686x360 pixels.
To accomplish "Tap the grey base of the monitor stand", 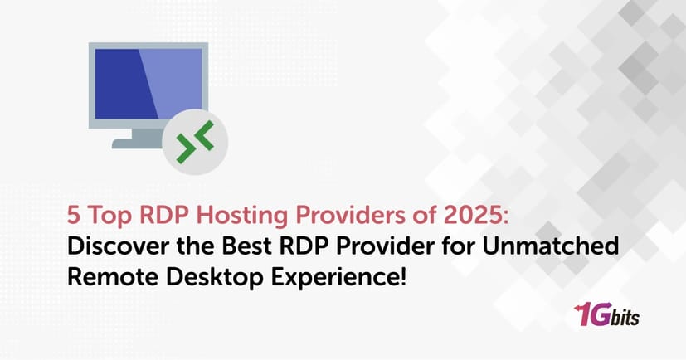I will pyautogui.click(x=138, y=144).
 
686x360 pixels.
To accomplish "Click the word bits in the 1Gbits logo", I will pyautogui.click(x=627, y=318).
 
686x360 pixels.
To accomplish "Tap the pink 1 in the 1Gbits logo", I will pyautogui.click(x=585, y=316).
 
